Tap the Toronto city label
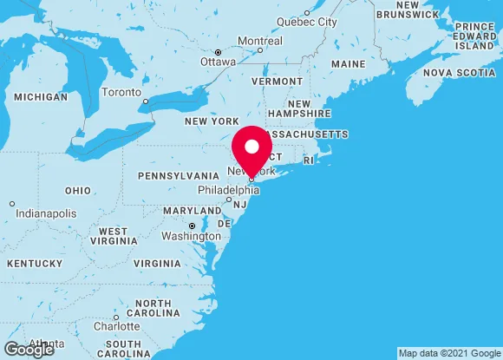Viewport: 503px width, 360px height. (x=121, y=92)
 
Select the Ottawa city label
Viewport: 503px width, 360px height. (x=218, y=62)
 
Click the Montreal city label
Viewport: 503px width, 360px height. (x=260, y=41)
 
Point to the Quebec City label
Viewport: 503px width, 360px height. (x=308, y=22)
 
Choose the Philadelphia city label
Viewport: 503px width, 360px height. (x=228, y=190)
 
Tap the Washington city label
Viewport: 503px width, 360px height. (x=191, y=236)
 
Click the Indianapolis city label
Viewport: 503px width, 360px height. (x=43, y=213)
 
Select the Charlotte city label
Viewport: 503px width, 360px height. (x=116, y=327)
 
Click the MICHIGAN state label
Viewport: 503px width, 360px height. (x=40, y=96)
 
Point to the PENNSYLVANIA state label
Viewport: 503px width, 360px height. (x=179, y=175)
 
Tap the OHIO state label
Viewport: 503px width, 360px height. (x=77, y=190)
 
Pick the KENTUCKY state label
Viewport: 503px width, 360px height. (x=34, y=263)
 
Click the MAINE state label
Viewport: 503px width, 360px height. (x=348, y=64)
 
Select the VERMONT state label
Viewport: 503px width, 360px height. (x=277, y=81)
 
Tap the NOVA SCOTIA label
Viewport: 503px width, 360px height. (x=459, y=73)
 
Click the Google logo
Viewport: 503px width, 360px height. (x=28, y=350)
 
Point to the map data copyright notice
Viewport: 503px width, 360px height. (x=448, y=353)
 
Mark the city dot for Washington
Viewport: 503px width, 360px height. (x=192, y=226)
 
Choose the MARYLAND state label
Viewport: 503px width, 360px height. (x=193, y=211)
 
